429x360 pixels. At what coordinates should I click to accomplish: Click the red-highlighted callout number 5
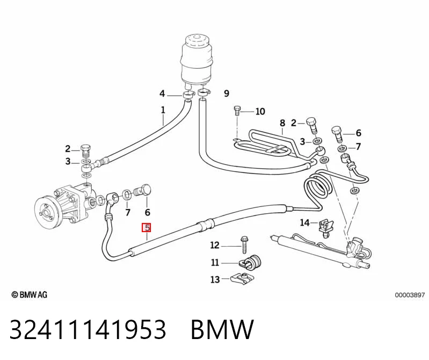[x=147, y=227]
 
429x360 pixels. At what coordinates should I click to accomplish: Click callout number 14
[x=304, y=222]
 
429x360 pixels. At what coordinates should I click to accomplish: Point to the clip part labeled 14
[x=325, y=228]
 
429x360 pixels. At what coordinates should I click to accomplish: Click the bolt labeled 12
[x=244, y=245]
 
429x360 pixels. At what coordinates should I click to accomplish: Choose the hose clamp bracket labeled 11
[x=250, y=262]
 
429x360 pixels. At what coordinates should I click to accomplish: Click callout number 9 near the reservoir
[x=226, y=93]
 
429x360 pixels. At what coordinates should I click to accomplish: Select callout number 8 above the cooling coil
[x=282, y=123]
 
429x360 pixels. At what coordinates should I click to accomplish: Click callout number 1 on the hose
[x=163, y=110]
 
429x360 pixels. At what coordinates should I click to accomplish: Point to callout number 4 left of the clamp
[x=162, y=93]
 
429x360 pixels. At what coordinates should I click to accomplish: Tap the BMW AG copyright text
[x=30, y=294]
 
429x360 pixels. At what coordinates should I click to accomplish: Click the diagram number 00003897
[x=410, y=295]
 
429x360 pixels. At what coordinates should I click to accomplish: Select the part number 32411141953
[x=88, y=329]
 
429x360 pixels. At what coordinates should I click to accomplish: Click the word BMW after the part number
[x=222, y=329]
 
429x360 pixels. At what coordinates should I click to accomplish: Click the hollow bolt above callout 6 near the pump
[x=143, y=190]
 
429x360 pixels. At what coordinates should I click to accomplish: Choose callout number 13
[x=215, y=279]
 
